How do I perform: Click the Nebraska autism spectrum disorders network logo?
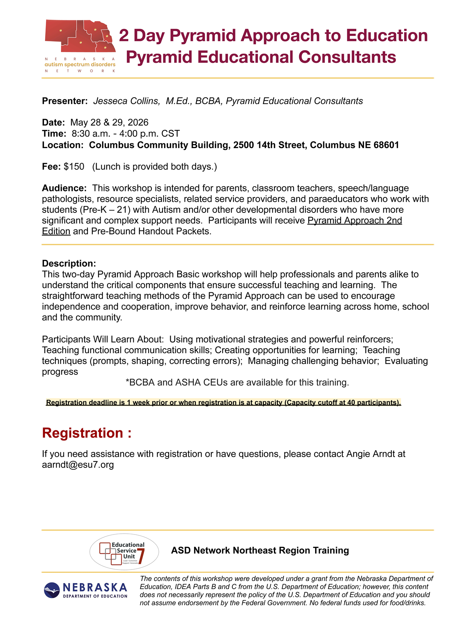pos(80,46)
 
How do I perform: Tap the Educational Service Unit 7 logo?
pos(124,552)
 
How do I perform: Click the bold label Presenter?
pos(65,101)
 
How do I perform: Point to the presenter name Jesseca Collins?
pos(126,101)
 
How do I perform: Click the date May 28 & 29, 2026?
pos(109,123)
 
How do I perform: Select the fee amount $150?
pos(74,167)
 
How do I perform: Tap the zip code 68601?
pos(386,145)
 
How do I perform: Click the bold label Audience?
pos(64,188)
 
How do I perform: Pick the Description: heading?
pos(69,263)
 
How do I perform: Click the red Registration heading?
pos(87,433)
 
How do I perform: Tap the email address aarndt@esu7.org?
pos(78,465)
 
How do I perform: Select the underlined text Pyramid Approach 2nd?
pos(354,221)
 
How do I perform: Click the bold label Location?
pos(63,145)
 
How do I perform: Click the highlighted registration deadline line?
pos(223,403)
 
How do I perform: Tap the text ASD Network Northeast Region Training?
pos(260,550)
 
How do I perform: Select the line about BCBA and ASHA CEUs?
pos(237,383)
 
